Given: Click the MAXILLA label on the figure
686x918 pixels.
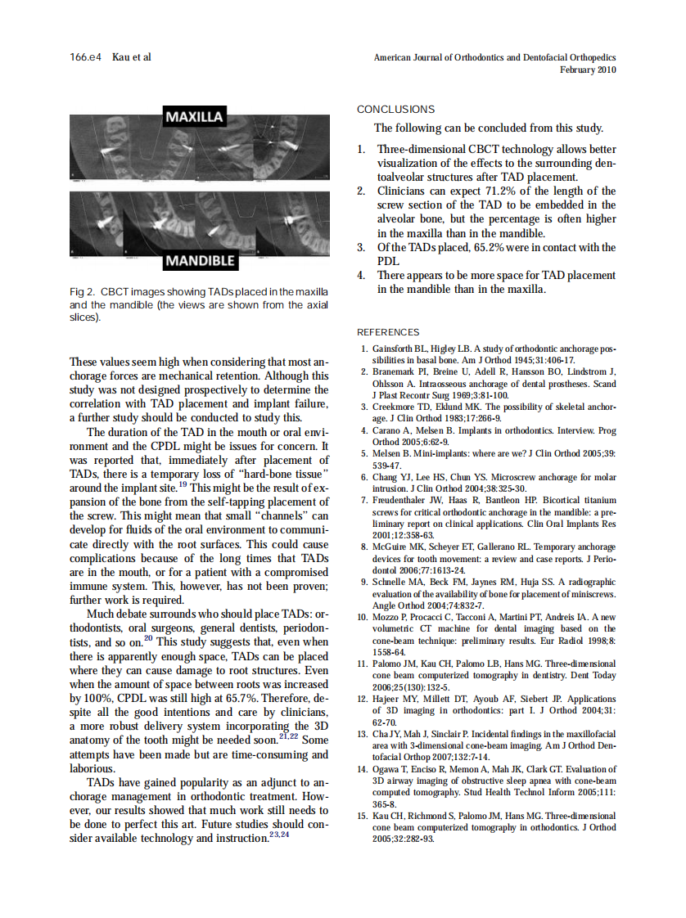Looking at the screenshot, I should point(195,117).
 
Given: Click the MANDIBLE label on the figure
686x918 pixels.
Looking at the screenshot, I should point(201,262).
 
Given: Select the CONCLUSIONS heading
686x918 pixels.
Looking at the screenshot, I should point(396,110).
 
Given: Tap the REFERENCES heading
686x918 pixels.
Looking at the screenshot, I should point(388,332).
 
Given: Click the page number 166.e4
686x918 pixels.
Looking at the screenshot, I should point(86,57).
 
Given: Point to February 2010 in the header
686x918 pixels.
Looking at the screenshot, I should point(588,70).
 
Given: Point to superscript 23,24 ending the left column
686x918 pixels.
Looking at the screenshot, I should point(281,836).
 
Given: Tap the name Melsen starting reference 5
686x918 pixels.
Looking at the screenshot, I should point(387,452).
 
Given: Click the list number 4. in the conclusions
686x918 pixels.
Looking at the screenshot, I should point(361,276).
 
